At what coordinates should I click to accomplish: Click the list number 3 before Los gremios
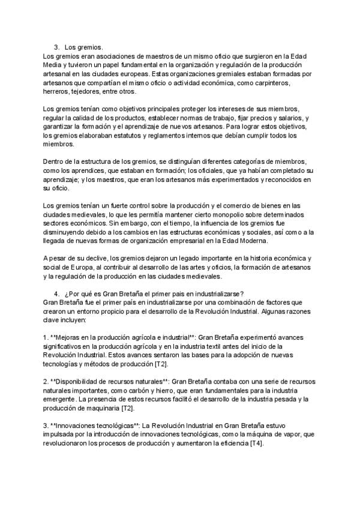(x=56, y=47)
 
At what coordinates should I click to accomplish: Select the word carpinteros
(x=273, y=83)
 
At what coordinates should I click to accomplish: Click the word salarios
(x=286, y=118)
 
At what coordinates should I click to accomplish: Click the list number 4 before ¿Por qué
(x=56, y=294)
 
